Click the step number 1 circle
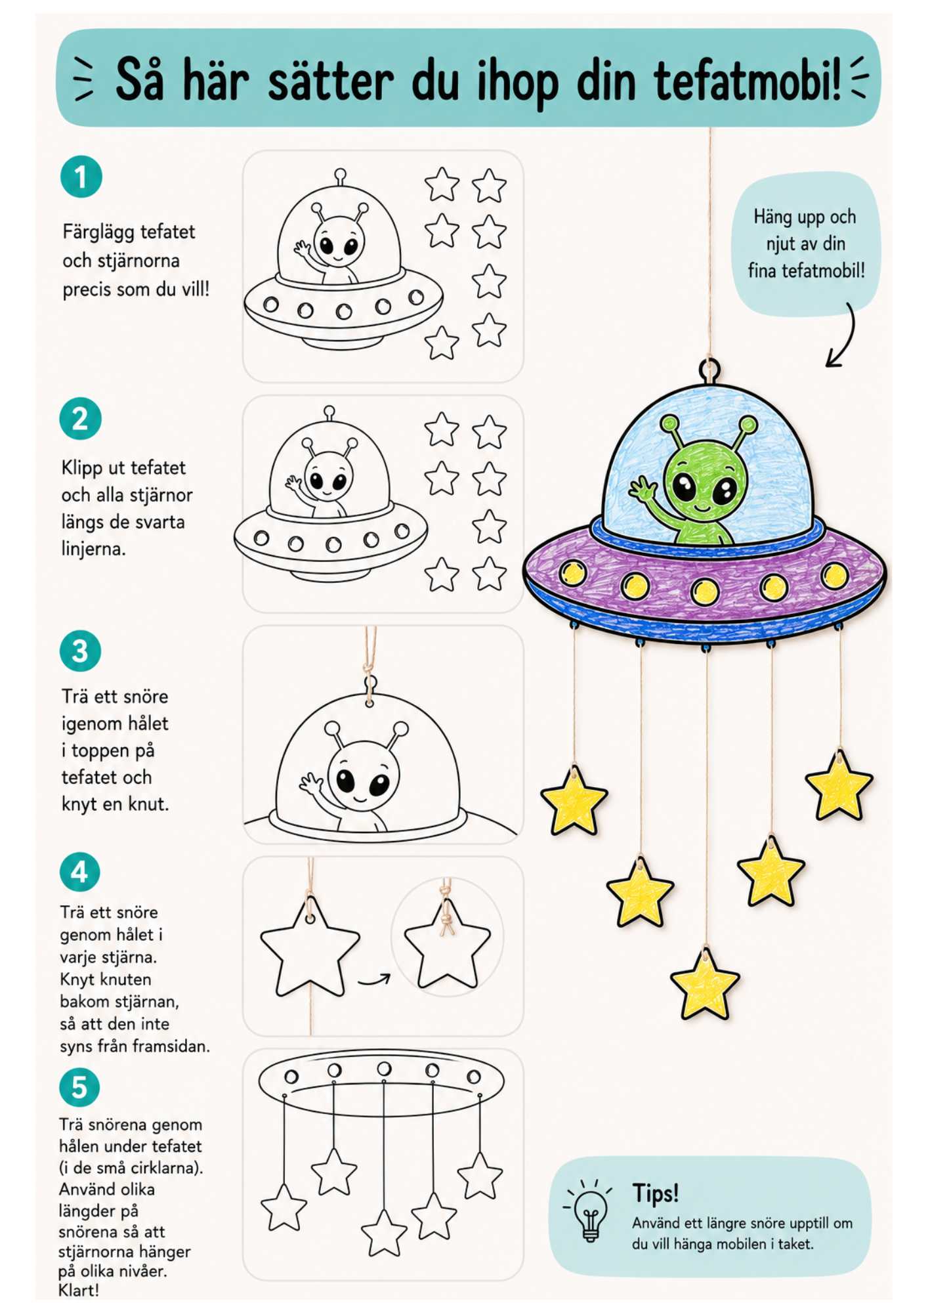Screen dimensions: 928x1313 [81, 177]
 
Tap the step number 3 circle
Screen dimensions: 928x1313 [80, 651]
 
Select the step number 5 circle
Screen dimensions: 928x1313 [79, 1087]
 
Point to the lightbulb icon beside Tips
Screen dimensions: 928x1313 [589, 1211]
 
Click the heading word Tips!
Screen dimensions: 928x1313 [655, 1193]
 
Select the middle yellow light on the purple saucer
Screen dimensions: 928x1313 [704, 592]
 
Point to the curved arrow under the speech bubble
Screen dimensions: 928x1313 [844, 336]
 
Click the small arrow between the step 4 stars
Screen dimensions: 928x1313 [374, 981]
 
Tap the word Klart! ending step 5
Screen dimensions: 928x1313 [79, 1290]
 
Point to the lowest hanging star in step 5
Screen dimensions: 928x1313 [384, 1232]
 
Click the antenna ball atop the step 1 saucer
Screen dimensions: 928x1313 [340, 175]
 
